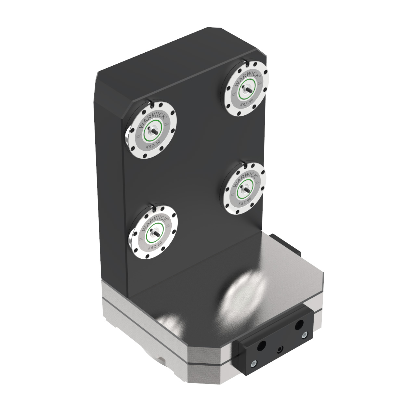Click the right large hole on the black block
pos(299,324)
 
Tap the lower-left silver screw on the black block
pos(253,363)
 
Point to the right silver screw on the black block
pos(304,335)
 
